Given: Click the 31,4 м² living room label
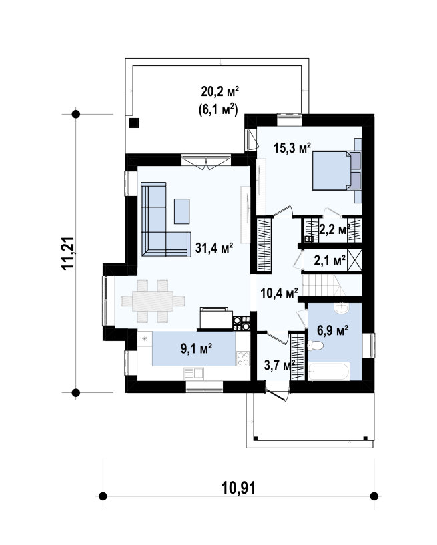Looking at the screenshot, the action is [x=213, y=248].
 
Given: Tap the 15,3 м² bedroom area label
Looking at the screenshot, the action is [x=292, y=147].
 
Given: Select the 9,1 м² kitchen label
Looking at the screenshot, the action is [x=196, y=348].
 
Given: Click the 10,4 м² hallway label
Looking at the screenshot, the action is [x=279, y=293].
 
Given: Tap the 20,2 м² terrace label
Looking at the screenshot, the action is [x=220, y=91].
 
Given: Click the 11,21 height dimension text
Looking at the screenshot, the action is [x=67, y=253].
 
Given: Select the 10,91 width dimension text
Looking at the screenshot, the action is [x=238, y=488].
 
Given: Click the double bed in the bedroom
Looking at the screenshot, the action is [x=336, y=171].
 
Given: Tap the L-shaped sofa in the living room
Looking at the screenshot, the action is [x=166, y=219].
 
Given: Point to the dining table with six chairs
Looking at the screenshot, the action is [x=153, y=301].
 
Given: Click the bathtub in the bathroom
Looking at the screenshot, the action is [x=328, y=371].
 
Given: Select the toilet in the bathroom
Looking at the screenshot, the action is [x=316, y=345].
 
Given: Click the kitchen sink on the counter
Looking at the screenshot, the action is [x=193, y=374].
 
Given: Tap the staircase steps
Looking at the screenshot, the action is [x=324, y=285].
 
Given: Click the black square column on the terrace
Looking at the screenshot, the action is [x=134, y=123].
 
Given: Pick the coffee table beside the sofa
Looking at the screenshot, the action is [x=182, y=211].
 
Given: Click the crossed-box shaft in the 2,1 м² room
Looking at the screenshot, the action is [x=355, y=260].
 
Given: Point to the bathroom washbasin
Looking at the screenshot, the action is [x=341, y=308].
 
